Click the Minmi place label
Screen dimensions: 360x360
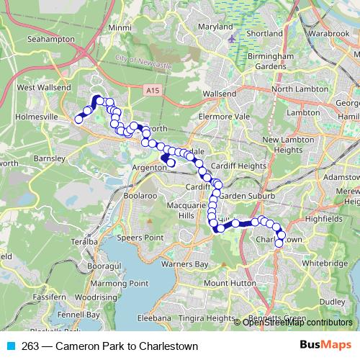[117, 27]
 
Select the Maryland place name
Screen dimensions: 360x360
[215, 27]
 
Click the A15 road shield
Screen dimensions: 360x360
[150, 91]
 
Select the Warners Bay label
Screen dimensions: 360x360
[184, 264]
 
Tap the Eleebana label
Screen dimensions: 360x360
[153, 317]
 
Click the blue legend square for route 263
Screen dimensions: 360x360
[10, 346]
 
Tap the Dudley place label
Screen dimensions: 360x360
[333, 301]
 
